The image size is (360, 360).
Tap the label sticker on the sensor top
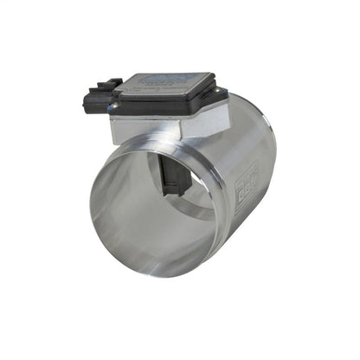164,80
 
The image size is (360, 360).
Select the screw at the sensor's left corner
112,107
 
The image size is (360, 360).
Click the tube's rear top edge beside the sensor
242,104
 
